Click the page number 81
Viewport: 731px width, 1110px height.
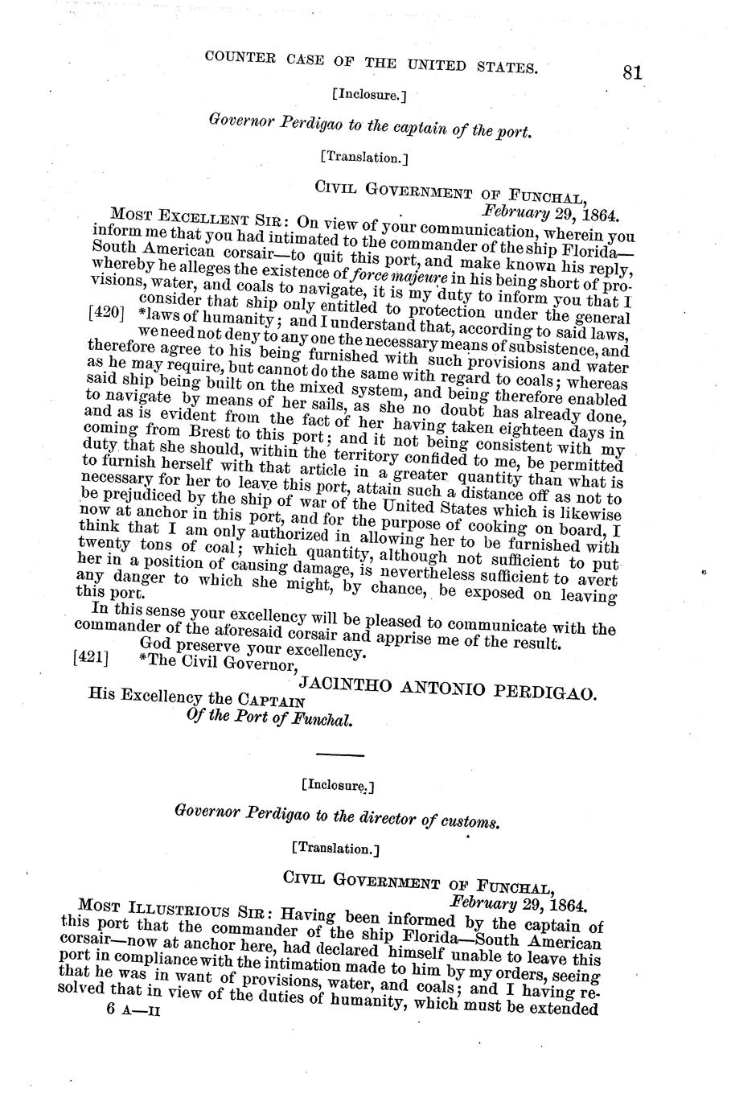click(631, 73)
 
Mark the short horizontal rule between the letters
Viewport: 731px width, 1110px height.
click(340, 754)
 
